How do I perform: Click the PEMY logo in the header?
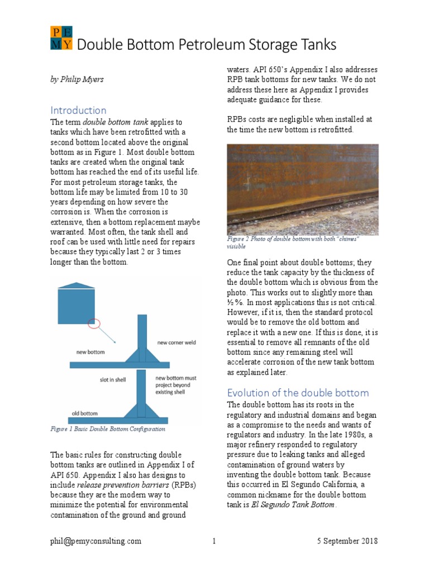click(61, 39)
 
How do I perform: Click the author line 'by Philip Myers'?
click(77, 79)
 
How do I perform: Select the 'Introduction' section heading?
click(78, 110)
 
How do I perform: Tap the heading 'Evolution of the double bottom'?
click(298, 392)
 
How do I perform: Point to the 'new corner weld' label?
click(177, 342)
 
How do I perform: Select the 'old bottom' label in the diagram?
click(85, 414)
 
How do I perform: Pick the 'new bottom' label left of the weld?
click(92, 352)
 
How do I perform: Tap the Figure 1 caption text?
click(108, 429)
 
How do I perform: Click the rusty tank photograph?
click(302, 189)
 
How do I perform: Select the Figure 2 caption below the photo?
click(293, 242)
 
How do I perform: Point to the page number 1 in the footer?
click(214, 541)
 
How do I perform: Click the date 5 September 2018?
click(346, 541)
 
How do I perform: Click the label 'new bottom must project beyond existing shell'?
click(174, 385)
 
